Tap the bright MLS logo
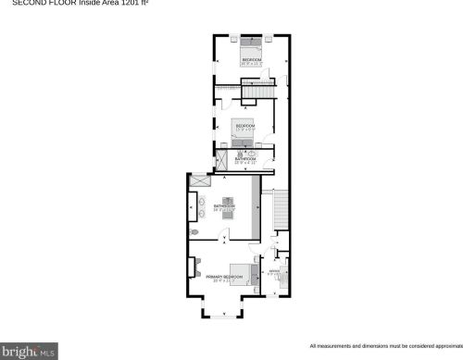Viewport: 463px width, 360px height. click(29, 351)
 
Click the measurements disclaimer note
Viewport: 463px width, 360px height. click(384, 345)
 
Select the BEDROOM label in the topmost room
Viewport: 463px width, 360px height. click(252, 60)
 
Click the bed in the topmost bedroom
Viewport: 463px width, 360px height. click(252, 43)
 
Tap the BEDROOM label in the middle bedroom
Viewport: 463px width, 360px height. click(244, 125)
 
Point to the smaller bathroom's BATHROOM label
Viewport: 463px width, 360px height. click(245, 158)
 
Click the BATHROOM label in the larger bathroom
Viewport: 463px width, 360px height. click(225, 206)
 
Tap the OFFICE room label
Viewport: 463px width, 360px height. click(273, 271)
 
